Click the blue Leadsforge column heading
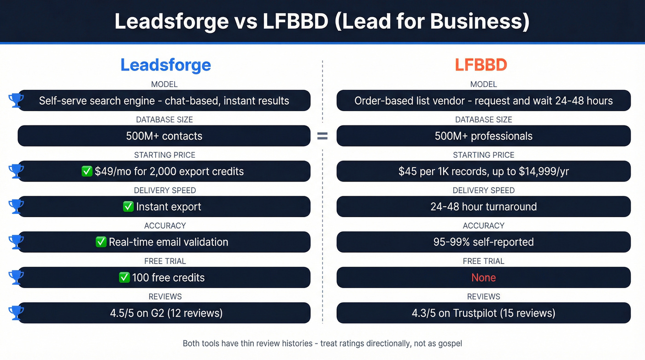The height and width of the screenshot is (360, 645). pyautogui.click(x=165, y=65)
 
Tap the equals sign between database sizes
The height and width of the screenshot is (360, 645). pyautogui.click(x=322, y=136)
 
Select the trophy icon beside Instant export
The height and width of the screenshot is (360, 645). pyautogui.click(x=16, y=207)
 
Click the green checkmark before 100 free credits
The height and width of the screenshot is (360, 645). pyautogui.click(x=124, y=277)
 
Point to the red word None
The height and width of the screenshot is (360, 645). pyautogui.click(x=483, y=277)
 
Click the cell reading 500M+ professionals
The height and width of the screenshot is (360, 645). pyautogui.click(x=483, y=136)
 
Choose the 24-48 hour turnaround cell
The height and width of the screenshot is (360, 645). pyautogui.click(x=483, y=207)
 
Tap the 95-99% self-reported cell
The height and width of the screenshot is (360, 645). pyautogui.click(x=483, y=242)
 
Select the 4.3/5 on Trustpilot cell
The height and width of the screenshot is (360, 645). pyautogui.click(x=483, y=313)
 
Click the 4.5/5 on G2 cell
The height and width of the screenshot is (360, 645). pyautogui.click(x=166, y=313)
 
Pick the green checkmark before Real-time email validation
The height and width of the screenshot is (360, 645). pyautogui.click(x=101, y=242)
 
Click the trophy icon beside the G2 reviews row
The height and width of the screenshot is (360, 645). pyautogui.click(x=16, y=313)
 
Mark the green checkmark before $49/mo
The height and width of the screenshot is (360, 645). pyautogui.click(x=87, y=171)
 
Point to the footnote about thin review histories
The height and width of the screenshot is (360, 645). pyautogui.click(x=322, y=343)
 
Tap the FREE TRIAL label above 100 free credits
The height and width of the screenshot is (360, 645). pyautogui.click(x=165, y=261)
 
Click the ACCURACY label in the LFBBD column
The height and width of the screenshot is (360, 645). pyautogui.click(x=483, y=225)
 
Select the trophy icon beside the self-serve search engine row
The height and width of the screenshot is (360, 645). pyautogui.click(x=16, y=100)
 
